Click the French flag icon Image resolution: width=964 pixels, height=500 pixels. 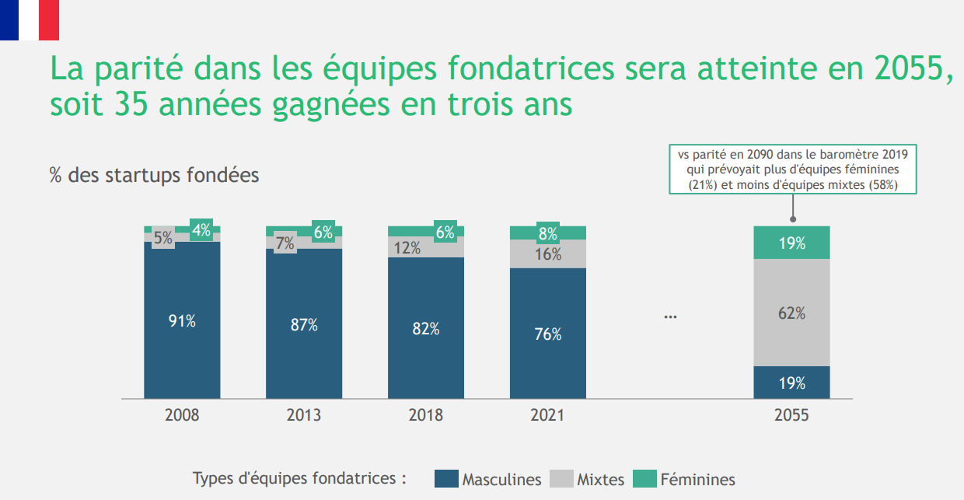pyautogui.click(x=30, y=19)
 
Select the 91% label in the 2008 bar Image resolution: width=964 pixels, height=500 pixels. pyautogui.click(x=182, y=321)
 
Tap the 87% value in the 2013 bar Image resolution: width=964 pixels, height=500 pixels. pyautogui.click(x=304, y=325)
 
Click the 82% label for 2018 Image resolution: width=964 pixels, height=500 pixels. pyautogui.click(x=426, y=329)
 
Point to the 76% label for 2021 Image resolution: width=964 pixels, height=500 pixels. pyautogui.click(x=547, y=334)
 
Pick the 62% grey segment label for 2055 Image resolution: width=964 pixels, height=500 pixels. pyautogui.click(x=791, y=313)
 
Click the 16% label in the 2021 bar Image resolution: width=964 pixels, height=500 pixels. pyautogui.click(x=547, y=254)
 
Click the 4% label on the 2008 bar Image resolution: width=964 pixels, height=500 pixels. pyautogui.click(x=201, y=230)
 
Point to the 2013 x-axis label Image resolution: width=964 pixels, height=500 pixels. pyautogui.click(x=304, y=415)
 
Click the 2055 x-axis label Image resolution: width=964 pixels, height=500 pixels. pyautogui.click(x=791, y=415)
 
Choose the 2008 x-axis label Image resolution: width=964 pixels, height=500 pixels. pyautogui.click(x=182, y=415)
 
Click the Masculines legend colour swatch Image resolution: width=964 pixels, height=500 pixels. pyautogui.click(x=446, y=479)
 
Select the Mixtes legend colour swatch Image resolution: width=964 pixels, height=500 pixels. pyautogui.click(x=561, y=479)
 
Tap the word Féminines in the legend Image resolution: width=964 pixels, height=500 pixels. pyautogui.click(x=697, y=480)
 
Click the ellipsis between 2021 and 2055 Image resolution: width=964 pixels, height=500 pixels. pyautogui.click(x=671, y=317)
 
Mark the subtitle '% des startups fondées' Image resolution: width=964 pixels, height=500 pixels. pyautogui.click(x=154, y=175)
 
